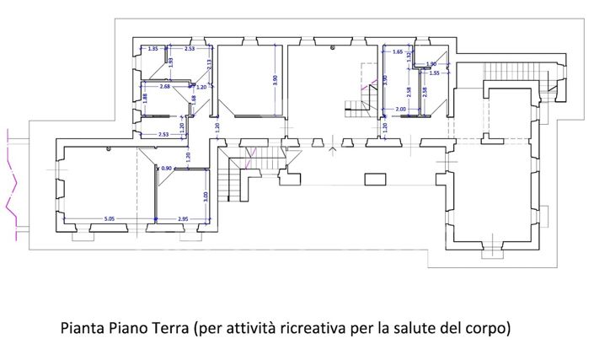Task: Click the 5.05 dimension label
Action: [110, 219]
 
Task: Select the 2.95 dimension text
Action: [183, 219]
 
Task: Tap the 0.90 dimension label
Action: [166, 169]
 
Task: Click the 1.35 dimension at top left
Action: [153, 50]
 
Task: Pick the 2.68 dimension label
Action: [164, 86]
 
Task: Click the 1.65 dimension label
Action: [398, 52]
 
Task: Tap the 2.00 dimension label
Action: [400, 110]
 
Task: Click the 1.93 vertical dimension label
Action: [171, 61]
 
